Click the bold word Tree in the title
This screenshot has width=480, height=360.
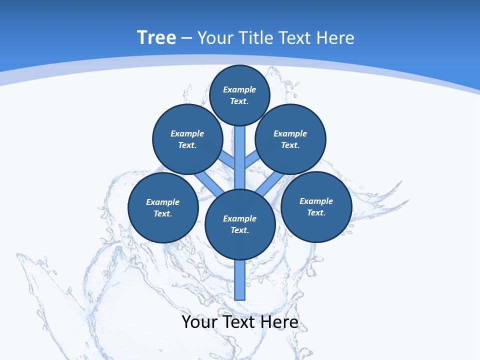[x=156, y=37]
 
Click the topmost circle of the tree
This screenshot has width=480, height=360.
[x=239, y=95]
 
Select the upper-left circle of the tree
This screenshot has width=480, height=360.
[x=187, y=139]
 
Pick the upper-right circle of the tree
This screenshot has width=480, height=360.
[x=290, y=139]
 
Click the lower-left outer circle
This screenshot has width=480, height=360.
[x=163, y=207]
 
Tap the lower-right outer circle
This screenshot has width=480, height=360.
[x=316, y=206]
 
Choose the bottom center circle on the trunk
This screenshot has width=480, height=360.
[x=240, y=224]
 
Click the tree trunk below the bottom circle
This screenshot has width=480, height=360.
[x=240, y=280]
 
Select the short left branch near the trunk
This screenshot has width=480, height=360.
[x=227, y=159]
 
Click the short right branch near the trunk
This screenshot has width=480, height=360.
[x=252, y=159]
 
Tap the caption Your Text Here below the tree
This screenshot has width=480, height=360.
[x=240, y=322]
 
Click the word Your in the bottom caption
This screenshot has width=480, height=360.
[x=198, y=322]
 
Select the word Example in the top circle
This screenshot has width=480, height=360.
[x=239, y=89]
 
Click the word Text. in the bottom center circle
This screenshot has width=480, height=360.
[x=239, y=230]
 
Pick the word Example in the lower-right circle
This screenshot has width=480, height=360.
[x=316, y=201]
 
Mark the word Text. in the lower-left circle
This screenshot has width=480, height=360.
[x=162, y=213]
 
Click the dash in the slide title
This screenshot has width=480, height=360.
[x=187, y=38]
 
